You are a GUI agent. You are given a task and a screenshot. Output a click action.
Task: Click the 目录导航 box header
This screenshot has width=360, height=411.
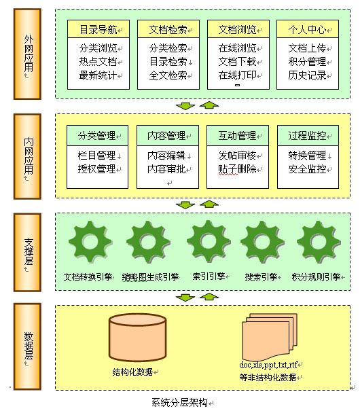click(98, 29)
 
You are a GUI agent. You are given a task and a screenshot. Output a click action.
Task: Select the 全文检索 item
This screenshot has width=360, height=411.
click(168, 75)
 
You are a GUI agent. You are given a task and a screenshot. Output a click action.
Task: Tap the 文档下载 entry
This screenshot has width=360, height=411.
click(237, 62)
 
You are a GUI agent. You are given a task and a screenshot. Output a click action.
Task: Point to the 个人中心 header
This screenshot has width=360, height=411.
click(307, 29)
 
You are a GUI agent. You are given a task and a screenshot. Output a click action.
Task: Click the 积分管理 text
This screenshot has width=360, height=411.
click(307, 62)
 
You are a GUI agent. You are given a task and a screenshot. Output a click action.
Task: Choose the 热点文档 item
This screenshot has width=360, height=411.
click(98, 62)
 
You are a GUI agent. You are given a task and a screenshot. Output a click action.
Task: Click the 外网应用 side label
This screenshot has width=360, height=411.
click(28, 54)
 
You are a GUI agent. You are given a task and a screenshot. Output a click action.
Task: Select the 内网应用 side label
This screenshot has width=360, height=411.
click(28, 156)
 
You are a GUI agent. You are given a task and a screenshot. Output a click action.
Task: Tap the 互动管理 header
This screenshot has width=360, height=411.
click(238, 135)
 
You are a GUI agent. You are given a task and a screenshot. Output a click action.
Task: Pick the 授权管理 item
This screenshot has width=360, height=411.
click(96, 169)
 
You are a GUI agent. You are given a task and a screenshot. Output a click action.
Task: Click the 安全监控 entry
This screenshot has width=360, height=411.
click(307, 169)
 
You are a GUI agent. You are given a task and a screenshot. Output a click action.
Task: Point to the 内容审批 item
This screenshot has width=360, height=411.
click(166, 169)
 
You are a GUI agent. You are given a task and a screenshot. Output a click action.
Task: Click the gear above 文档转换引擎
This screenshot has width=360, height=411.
click(90, 242)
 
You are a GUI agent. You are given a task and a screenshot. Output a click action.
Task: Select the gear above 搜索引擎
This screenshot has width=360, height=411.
click(262, 242)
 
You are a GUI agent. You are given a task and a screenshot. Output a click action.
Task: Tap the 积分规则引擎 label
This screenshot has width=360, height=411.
click(317, 276)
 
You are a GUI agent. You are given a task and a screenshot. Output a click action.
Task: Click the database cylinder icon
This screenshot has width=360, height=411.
click(138, 338)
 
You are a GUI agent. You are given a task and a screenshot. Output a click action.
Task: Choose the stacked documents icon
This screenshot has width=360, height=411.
click(270, 337)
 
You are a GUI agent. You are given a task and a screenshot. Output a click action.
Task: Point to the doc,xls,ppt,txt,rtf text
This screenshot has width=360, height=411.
click(268, 365)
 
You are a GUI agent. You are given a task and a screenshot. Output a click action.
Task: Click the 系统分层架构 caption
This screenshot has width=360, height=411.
click(179, 402)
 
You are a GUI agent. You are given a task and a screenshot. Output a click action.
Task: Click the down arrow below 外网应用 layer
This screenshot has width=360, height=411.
click(185, 106)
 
